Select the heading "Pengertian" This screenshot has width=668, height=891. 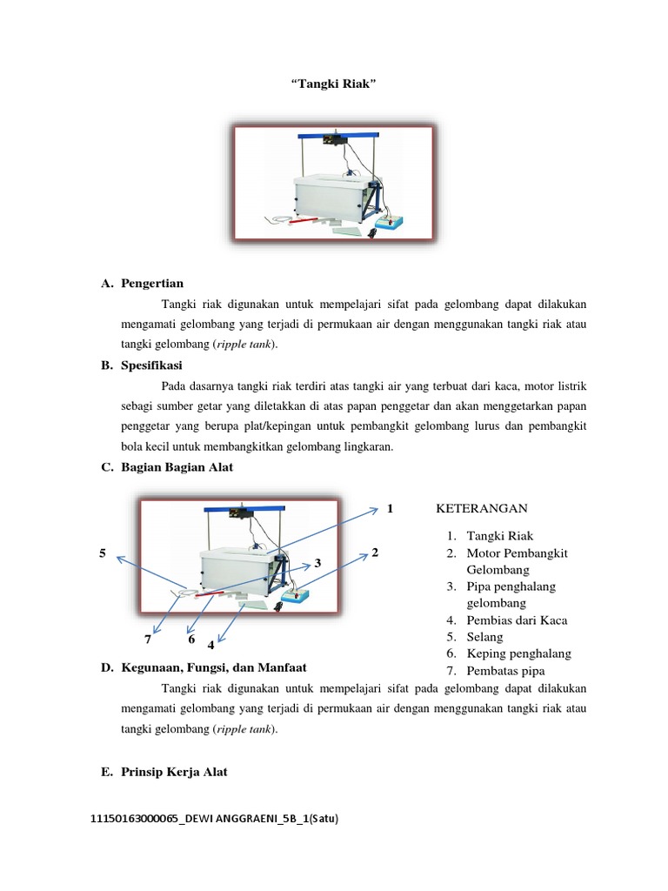152,284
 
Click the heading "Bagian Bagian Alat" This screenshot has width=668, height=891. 177,467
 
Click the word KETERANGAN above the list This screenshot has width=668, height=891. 481,509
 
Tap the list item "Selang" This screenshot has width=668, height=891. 485,637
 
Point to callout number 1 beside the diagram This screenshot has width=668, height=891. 391,508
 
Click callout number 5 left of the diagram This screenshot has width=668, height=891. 102,553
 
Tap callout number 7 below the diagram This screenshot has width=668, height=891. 148,640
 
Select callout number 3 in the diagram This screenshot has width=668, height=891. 318,563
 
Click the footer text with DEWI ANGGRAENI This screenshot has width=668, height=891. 213,820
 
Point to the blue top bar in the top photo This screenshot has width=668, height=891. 341,135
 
